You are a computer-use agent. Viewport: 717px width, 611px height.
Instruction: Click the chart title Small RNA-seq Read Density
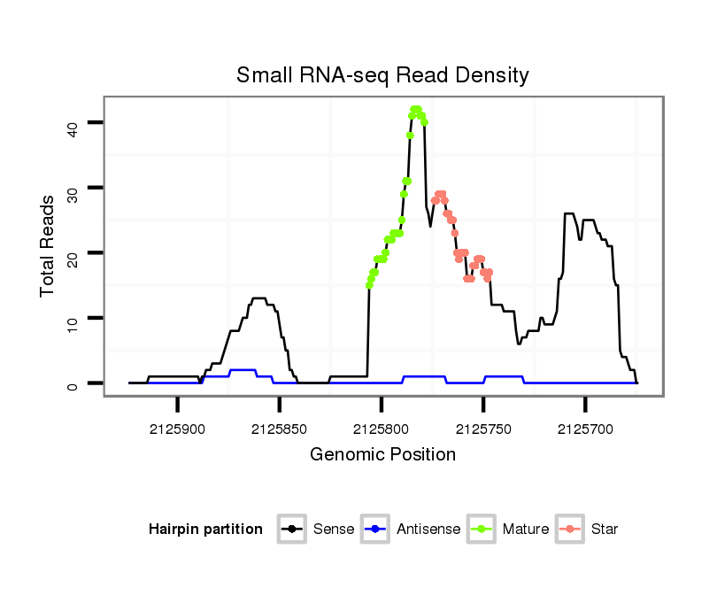[382, 75]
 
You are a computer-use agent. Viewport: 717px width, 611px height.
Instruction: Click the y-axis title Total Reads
[50, 245]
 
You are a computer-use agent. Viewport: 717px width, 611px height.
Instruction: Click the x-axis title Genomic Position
[382, 455]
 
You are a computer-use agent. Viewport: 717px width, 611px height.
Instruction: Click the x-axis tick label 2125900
[178, 429]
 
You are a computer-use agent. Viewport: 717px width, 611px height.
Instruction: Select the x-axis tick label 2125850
[280, 429]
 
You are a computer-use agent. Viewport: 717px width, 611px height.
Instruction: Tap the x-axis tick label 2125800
[382, 429]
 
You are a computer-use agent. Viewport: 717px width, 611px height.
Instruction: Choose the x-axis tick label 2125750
[483, 429]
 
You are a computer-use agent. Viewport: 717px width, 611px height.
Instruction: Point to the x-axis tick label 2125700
[585, 429]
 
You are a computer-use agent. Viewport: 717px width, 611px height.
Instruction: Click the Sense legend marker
[291, 530]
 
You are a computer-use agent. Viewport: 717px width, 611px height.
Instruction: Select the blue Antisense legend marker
[375, 530]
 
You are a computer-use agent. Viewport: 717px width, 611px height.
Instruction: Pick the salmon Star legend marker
[569, 530]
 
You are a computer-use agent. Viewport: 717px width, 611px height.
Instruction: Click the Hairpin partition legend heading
[205, 530]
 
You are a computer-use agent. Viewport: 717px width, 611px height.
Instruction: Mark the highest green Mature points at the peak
[415, 110]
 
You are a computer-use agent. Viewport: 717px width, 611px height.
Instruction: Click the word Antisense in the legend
[428, 530]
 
